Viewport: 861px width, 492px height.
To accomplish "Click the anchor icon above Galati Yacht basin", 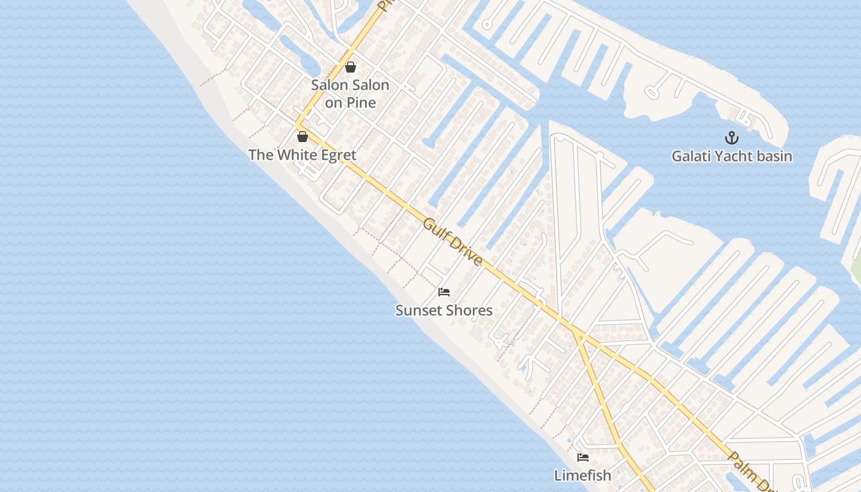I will pos(732,137).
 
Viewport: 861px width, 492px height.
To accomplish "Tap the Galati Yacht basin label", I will pos(732,156).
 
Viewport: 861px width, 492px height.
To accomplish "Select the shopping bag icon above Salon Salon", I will pos(351,67).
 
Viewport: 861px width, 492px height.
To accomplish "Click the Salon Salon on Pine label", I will pos(351,94).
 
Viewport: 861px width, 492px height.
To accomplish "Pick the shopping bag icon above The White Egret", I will pos(303,137).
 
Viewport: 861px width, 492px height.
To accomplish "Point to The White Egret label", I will pos(303,155).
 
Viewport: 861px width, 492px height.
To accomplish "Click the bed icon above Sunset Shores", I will pos(444,292).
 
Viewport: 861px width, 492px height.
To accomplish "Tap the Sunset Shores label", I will pos(444,311).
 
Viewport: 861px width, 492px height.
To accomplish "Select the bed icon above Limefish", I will pos(583,458).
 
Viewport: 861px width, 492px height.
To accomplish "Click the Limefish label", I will pos(583,475).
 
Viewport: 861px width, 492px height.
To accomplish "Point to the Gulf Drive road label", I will pos(453,241).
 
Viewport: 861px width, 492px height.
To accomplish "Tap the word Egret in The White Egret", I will pos(336,155).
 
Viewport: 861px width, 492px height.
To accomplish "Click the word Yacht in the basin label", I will pos(732,156).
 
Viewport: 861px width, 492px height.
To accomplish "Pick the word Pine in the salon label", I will pos(360,103).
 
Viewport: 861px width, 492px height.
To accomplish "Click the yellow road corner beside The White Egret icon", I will pos(297,125).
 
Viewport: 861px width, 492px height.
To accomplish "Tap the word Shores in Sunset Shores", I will pos(470,311).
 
